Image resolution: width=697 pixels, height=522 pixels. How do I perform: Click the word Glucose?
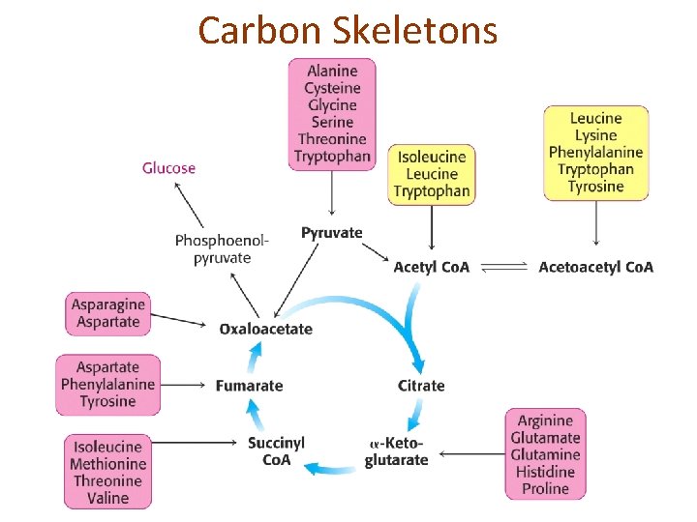point(168,168)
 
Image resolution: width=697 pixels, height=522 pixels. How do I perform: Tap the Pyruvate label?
point(331,233)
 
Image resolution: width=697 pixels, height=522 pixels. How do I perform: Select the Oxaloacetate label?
point(265,329)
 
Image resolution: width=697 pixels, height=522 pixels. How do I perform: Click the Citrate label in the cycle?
point(421,386)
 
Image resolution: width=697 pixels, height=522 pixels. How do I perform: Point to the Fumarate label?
point(249,386)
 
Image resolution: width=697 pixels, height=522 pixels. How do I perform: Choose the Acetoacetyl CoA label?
point(595,267)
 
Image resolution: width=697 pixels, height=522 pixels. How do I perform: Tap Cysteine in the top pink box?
point(332,88)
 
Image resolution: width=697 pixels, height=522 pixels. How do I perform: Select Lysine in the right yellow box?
point(595,134)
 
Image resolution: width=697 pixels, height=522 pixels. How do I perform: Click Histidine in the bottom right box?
point(545,472)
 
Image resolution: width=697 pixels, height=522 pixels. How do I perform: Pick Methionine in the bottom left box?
point(107,464)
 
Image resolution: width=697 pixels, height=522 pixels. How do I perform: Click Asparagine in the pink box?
point(107,304)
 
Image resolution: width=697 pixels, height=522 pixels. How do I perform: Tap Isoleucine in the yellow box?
point(432,157)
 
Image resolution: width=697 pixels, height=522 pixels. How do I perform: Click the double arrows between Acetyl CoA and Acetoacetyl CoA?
point(503,267)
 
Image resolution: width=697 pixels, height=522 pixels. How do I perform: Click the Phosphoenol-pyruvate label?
point(222,248)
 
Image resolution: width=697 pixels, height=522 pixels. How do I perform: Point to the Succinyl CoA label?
point(276,451)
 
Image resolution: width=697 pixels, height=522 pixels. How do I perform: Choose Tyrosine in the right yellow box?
point(595,187)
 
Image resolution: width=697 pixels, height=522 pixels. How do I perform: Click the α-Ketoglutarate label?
point(396,451)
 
